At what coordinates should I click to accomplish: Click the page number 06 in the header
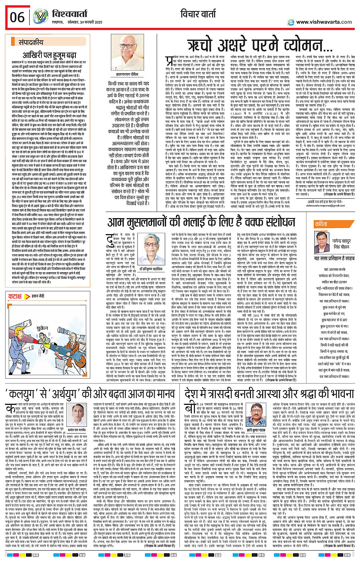click(x=17, y=17)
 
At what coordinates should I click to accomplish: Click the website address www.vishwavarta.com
click(x=324, y=22)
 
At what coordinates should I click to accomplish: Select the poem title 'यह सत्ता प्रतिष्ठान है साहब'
click(x=334, y=259)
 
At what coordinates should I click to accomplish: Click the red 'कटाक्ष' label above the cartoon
click(x=16, y=296)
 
